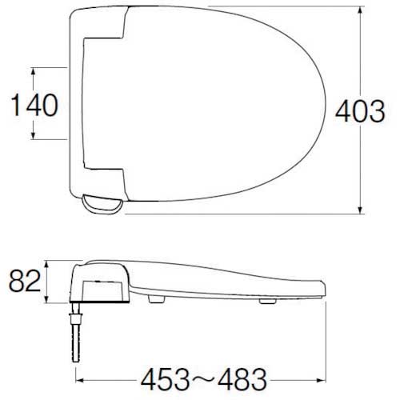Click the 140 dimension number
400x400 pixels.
[34, 105]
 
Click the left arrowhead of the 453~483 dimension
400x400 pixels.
[81, 374]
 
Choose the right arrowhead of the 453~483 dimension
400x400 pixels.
[325, 374]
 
